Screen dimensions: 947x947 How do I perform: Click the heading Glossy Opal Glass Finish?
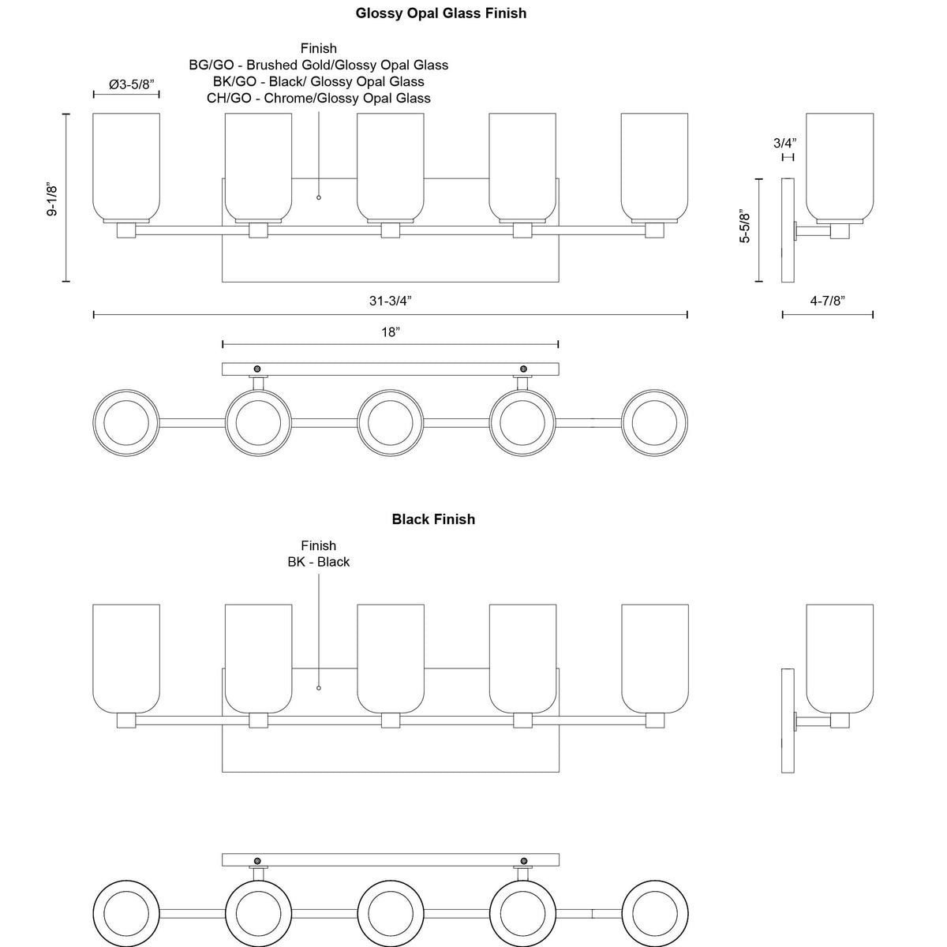coord(440,13)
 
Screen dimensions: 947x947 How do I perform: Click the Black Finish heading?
coord(433,519)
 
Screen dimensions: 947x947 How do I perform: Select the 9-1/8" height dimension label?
coord(52,200)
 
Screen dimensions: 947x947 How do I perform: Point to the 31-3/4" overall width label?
coord(391,301)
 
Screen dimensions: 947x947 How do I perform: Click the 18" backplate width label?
coord(391,332)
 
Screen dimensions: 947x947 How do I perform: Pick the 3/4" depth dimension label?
coord(784,143)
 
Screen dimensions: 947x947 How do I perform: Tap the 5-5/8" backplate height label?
coord(745,226)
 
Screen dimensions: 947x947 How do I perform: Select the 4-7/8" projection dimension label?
coord(827,301)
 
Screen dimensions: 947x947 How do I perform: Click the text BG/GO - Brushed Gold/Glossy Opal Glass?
coord(319,66)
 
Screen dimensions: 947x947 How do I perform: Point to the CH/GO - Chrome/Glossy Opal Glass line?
coord(319,99)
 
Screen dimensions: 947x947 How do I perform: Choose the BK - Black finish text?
coord(319,562)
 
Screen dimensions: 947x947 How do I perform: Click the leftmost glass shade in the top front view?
coord(126,166)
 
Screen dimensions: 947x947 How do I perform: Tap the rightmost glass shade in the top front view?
coord(654,166)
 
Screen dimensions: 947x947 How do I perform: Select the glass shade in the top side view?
coord(840,166)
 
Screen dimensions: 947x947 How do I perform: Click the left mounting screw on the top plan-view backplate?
coord(256,369)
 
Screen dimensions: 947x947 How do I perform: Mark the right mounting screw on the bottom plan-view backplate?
coord(523,859)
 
